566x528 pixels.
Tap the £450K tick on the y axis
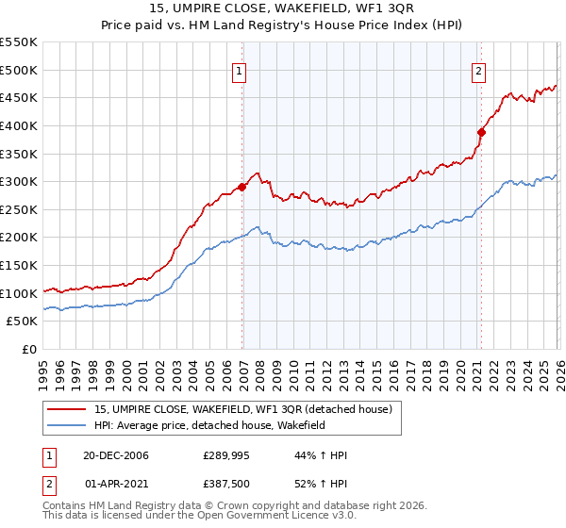tap(19, 97)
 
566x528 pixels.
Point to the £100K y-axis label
tap(19, 293)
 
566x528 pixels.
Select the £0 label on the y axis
tap(29, 349)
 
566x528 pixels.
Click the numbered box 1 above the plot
tap(240, 72)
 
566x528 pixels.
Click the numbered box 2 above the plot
tap(479, 72)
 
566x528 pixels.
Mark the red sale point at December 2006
tap(242, 187)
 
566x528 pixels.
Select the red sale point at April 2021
tap(480, 132)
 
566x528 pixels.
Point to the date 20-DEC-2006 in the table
tap(115, 455)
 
